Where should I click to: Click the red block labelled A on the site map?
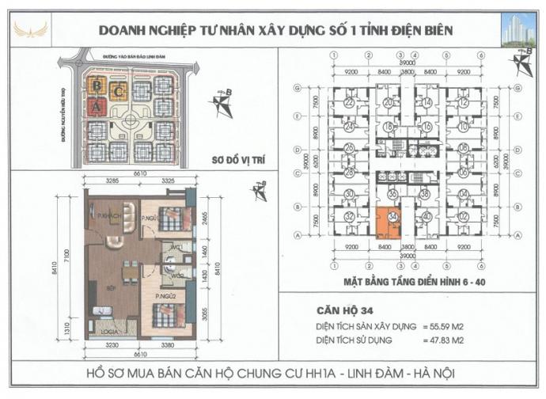click(x=97, y=105)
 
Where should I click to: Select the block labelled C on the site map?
click(x=118, y=90)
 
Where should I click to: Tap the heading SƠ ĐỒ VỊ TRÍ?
click(x=229, y=158)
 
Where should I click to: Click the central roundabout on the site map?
click(x=131, y=126)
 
